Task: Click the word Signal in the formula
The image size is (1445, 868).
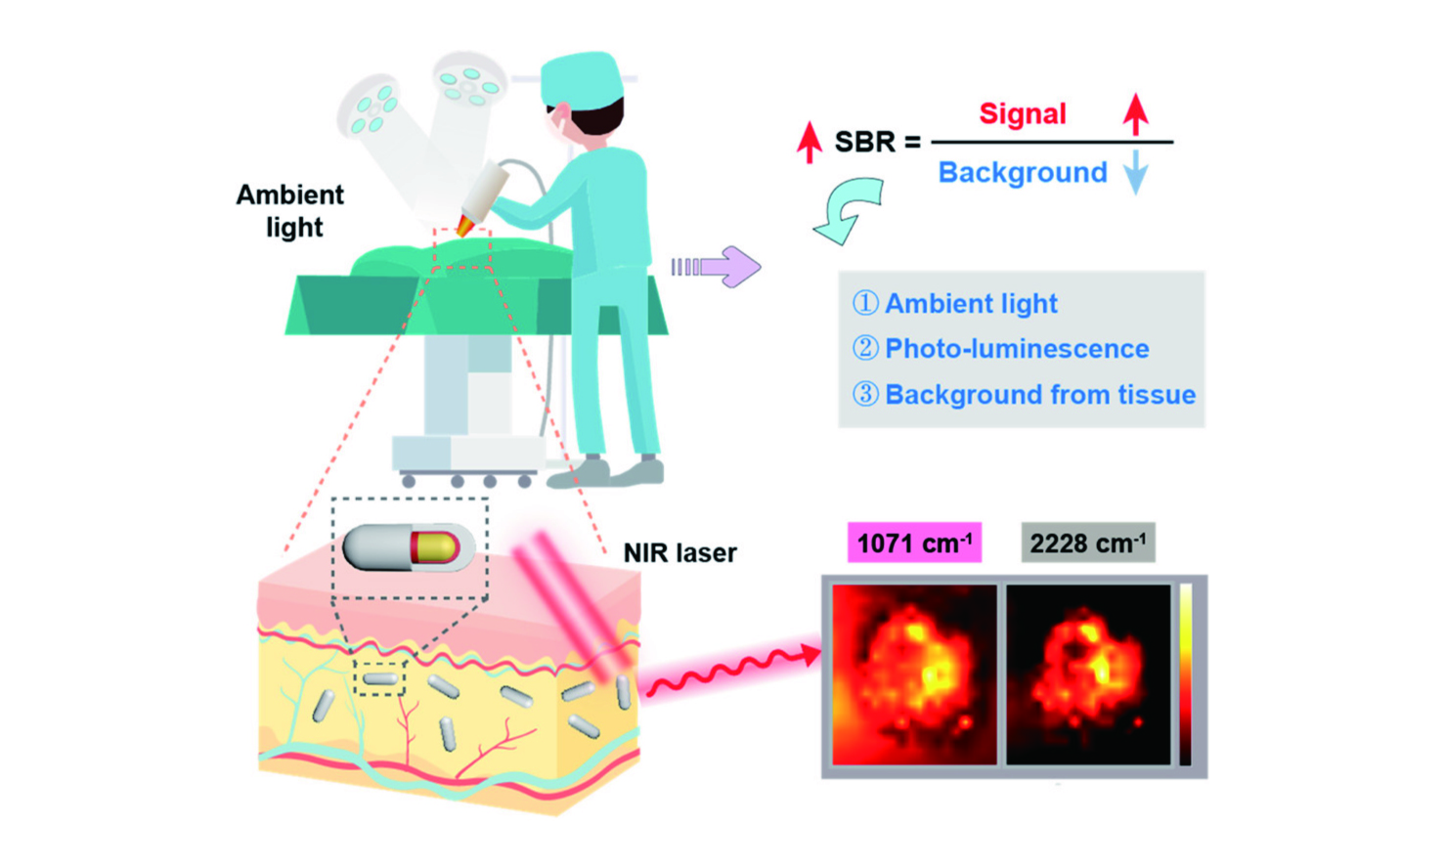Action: pyautogui.click(x=1023, y=114)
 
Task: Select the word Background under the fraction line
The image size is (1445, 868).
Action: pyautogui.click(x=1023, y=172)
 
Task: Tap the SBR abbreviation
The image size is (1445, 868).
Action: pyautogui.click(x=864, y=142)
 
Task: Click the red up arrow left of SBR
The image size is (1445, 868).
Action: pyautogui.click(x=809, y=142)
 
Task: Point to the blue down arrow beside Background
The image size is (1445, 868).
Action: pyautogui.click(x=1135, y=171)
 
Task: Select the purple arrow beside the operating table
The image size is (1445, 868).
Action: pyautogui.click(x=716, y=266)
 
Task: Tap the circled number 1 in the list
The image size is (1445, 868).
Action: pyautogui.click(x=865, y=303)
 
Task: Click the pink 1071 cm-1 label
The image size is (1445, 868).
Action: pyautogui.click(x=914, y=542)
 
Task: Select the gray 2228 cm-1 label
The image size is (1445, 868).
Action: pyautogui.click(x=1087, y=542)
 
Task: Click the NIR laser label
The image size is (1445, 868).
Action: pyautogui.click(x=679, y=553)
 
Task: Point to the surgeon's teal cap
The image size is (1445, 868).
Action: pyautogui.click(x=582, y=77)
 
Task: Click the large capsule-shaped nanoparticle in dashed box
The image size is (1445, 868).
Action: pyautogui.click(x=409, y=547)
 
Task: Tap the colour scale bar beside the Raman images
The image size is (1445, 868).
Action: pyautogui.click(x=1186, y=674)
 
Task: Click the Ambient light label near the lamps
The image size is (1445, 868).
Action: pyautogui.click(x=289, y=211)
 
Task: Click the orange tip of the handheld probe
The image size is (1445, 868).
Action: pyautogui.click(x=465, y=226)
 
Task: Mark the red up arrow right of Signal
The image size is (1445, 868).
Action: pyautogui.click(x=1135, y=114)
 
